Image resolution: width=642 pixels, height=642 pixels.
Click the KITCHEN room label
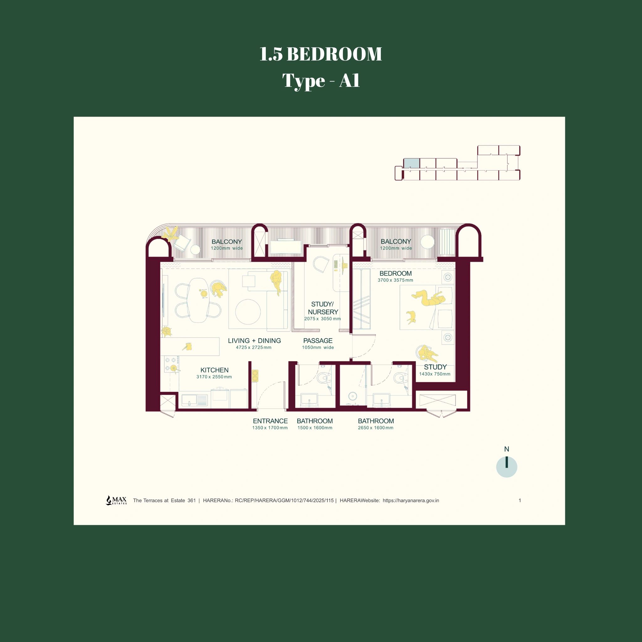click(214, 370)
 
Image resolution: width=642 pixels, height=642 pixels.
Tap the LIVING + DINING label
click(254, 341)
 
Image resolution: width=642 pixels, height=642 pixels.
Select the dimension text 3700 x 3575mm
click(395, 280)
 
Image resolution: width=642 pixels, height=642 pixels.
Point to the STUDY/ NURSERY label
click(322, 308)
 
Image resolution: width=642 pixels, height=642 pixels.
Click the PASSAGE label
click(318, 341)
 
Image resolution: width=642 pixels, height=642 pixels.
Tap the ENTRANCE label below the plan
click(270, 421)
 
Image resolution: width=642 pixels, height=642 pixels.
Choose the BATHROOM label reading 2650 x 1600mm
click(376, 421)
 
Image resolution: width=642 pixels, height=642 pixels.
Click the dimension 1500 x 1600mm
click(315, 428)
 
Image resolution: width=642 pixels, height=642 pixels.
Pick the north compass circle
click(507, 467)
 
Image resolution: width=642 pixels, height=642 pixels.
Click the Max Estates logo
click(116, 500)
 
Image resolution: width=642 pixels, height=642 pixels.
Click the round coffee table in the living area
click(248, 312)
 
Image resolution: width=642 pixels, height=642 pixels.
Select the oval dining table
click(198, 300)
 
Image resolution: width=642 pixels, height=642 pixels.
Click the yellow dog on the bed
click(411, 317)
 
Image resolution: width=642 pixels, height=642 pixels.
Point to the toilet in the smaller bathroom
click(323, 377)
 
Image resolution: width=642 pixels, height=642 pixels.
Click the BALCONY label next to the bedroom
click(396, 242)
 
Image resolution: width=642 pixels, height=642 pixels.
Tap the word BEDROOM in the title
click(334, 54)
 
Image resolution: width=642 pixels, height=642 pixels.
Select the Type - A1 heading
click(321, 81)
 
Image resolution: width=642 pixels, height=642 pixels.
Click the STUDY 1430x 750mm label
click(435, 370)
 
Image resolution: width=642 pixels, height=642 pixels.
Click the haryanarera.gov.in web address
click(411, 500)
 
